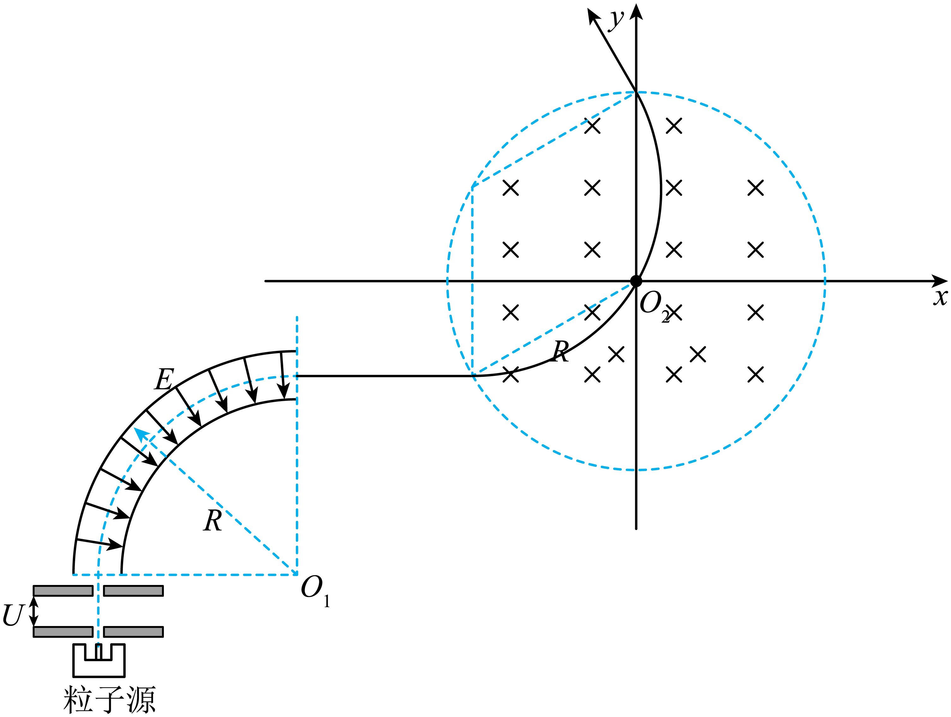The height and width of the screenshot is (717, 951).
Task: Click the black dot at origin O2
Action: tap(636, 281)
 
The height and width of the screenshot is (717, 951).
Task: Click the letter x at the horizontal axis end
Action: tap(940, 297)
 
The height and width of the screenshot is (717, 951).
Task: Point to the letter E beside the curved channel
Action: tap(164, 379)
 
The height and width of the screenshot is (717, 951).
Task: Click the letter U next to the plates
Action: tap(13, 615)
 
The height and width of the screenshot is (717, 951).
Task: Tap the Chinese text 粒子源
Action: tap(109, 699)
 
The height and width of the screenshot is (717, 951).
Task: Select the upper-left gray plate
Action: tap(63, 591)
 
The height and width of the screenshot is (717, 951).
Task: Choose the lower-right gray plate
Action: tap(133, 631)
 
